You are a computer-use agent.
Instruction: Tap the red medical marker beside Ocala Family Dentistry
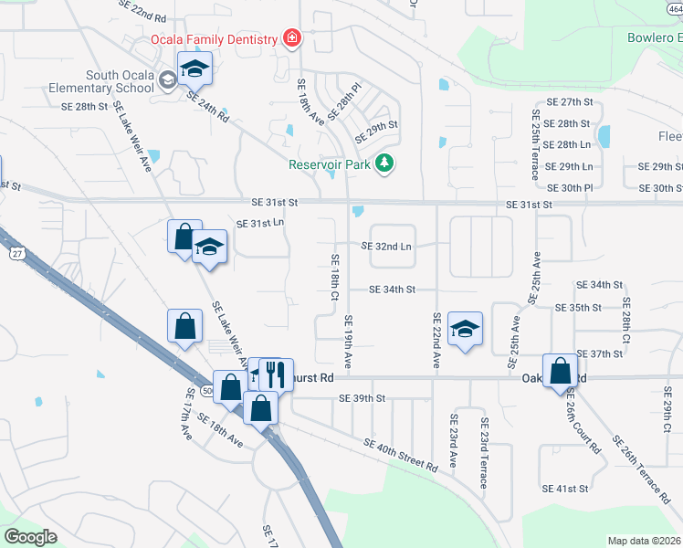point(291,39)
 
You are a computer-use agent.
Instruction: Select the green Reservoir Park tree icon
point(386,163)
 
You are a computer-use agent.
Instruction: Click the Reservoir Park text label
point(331,164)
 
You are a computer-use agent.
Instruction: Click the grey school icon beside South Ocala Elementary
point(167,80)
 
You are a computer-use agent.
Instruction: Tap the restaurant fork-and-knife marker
point(275,374)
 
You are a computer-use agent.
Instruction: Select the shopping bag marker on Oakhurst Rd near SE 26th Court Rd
point(560,372)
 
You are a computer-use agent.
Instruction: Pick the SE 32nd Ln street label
point(386,247)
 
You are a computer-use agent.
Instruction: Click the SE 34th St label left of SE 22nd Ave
point(392,290)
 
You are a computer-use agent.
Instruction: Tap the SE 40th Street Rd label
point(400,454)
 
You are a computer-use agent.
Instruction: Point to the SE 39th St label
point(363,398)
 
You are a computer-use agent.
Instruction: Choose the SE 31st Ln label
point(260,223)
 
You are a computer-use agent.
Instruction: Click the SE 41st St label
point(565,489)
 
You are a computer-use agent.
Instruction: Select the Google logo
point(30,537)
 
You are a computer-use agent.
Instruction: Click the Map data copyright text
point(644,541)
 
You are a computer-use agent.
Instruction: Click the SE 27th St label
point(568,101)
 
